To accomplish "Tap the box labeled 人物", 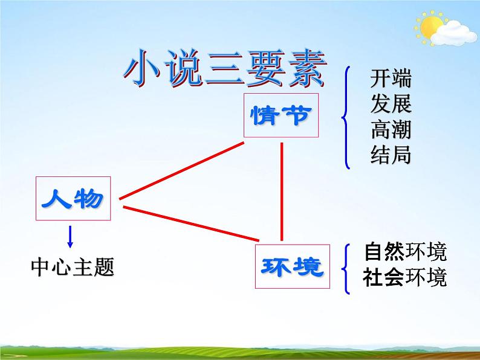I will (73, 198).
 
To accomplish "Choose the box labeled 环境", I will (293, 266).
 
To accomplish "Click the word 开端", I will (391, 80).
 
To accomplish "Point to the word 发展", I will (391, 105).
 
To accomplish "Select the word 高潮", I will (391, 130).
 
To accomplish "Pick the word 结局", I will (391, 156).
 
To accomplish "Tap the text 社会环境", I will (405, 278).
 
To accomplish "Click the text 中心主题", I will (73, 267).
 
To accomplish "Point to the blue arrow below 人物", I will (70, 236).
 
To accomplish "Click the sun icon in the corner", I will (430, 27).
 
